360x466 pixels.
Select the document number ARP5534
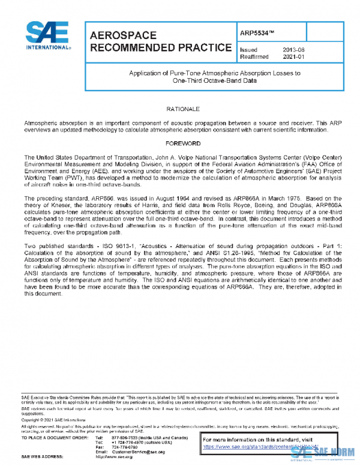pyautogui.click(x=259, y=34)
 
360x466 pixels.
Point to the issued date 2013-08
pyautogui.click(x=293, y=50)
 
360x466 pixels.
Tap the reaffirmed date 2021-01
pyautogui.click(x=293, y=58)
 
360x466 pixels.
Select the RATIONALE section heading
pyautogui.click(x=180, y=109)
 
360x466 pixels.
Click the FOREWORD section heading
pyautogui.click(x=180, y=144)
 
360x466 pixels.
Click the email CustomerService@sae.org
pyautogui.click(x=138, y=452)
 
